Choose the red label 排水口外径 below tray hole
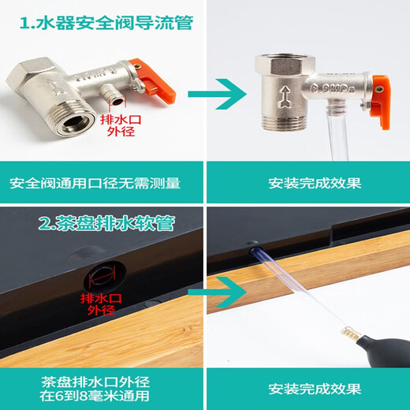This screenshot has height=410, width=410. (x=98, y=304)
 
